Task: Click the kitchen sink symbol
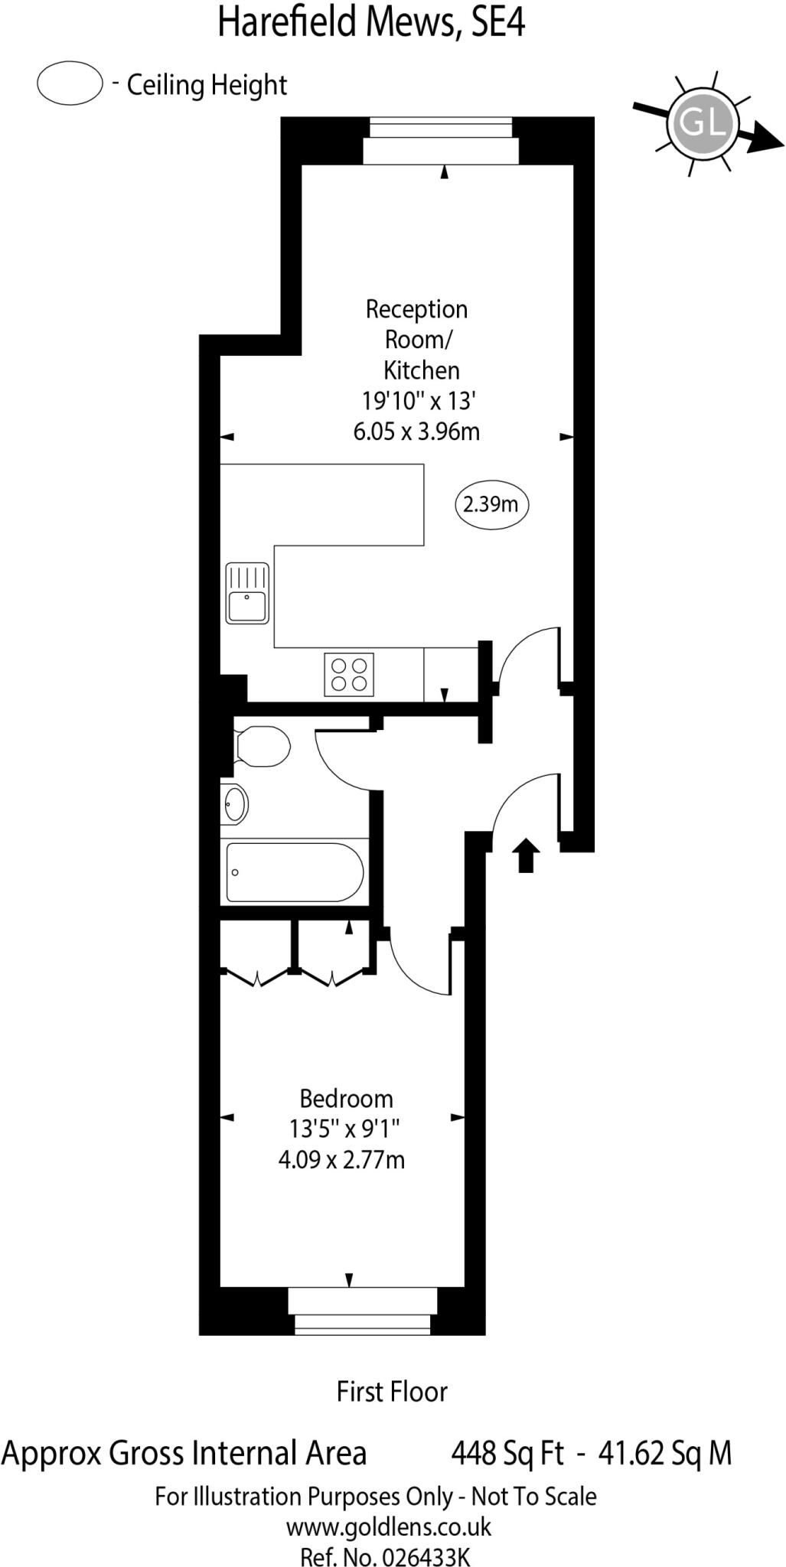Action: [247, 593]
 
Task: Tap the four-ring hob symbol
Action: [349, 674]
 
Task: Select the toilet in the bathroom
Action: [262, 746]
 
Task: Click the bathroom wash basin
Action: [234, 804]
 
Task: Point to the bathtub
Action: [295, 872]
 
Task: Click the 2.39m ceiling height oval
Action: [491, 504]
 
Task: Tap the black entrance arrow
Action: [525, 855]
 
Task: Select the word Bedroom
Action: [346, 1099]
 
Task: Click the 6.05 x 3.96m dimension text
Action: [416, 432]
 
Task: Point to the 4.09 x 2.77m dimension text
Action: [341, 1160]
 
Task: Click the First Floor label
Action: [392, 1391]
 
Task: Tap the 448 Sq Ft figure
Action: [507, 1451]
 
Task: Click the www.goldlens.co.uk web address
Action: [389, 1527]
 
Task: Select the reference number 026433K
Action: [426, 1556]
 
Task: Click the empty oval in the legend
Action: [70, 83]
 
